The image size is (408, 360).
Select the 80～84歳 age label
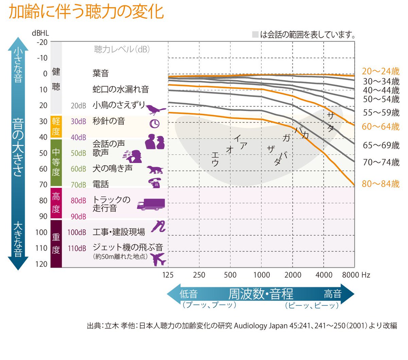pyautogui.click(x=380, y=184)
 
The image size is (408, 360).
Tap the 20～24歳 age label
pyautogui.click(x=380, y=71)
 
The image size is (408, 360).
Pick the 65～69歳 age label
pyautogui.click(x=381, y=145)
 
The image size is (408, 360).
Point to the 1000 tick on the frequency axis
pyautogui.click(x=261, y=275)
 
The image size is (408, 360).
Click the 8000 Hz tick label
pyautogui.click(x=356, y=275)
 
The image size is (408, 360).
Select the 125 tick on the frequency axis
pyautogui.click(x=168, y=275)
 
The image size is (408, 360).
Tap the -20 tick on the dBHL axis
pyautogui.click(x=42, y=42)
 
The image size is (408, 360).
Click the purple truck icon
pyautogui.click(x=151, y=204)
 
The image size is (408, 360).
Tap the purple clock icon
pyautogui.click(x=155, y=123)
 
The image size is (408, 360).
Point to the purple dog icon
pyautogui.click(x=155, y=169)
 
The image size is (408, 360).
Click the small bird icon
pyautogui.click(x=155, y=109)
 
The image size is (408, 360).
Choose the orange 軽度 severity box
pyautogui.click(x=56, y=126)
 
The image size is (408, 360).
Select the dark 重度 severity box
pyautogui.click(x=56, y=244)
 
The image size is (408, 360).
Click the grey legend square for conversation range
pyautogui.click(x=255, y=34)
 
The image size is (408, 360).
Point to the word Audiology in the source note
pyautogui.click(x=250, y=326)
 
